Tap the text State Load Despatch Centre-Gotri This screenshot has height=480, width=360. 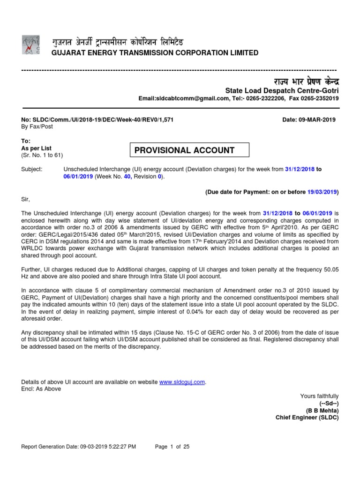282,90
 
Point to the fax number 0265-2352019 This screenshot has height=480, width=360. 322,98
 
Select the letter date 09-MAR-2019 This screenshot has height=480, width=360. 309,120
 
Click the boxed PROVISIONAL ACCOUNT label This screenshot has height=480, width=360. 184,150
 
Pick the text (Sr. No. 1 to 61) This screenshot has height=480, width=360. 42,155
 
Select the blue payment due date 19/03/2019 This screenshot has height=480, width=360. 322,192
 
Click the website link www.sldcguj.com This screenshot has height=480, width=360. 182,382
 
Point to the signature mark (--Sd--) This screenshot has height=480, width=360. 329,403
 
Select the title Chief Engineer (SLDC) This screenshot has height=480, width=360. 307,417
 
